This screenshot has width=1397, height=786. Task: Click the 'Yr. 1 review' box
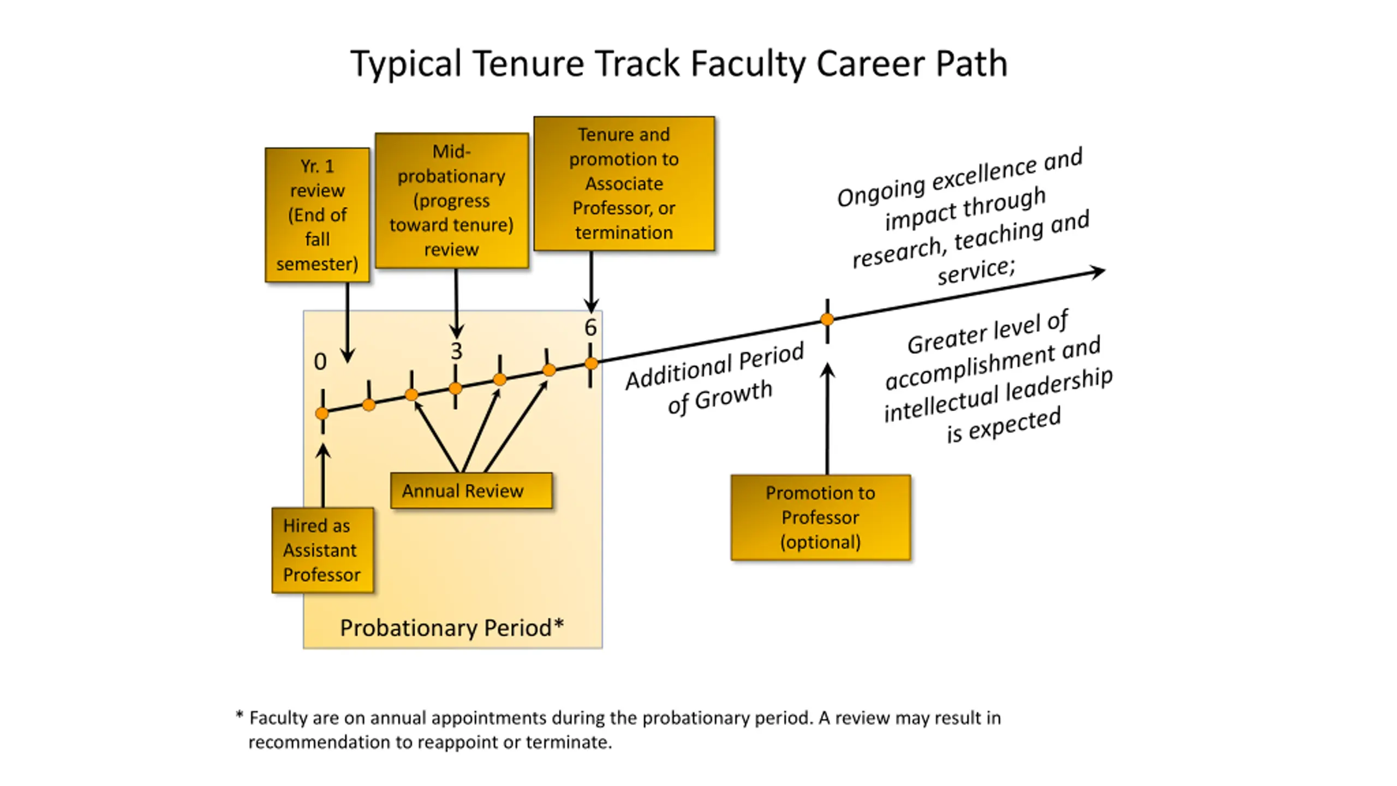pyautogui.click(x=317, y=215)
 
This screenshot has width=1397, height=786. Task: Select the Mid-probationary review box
pyautogui.click(x=451, y=200)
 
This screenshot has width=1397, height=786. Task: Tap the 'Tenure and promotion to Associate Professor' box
pyautogui.click(x=624, y=183)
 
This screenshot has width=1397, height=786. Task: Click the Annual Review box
pyautogui.click(x=471, y=491)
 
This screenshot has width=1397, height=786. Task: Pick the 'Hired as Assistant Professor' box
pyautogui.click(x=323, y=550)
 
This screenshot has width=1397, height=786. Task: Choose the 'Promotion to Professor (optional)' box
pyautogui.click(x=820, y=517)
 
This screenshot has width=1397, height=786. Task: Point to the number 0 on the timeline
pyautogui.click(x=320, y=362)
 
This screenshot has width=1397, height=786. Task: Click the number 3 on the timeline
pyautogui.click(x=456, y=351)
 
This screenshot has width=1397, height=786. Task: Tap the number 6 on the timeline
pyautogui.click(x=590, y=327)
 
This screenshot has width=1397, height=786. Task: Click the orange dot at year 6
pyautogui.click(x=591, y=364)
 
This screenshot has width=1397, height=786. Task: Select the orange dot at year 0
pyautogui.click(x=322, y=413)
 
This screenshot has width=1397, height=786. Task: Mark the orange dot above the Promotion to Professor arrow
pyautogui.click(x=827, y=319)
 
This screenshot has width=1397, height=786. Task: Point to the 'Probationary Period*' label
pyautogui.click(x=452, y=628)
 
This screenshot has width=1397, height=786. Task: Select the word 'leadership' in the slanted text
pyautogui.click(x=1059, y=384)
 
